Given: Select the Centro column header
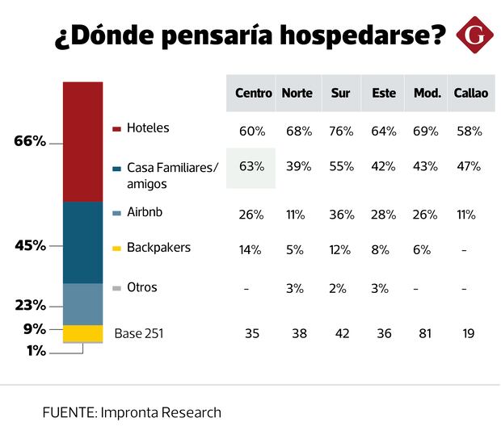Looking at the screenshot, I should tap(253, 93).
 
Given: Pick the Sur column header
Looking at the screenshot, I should tap(340, 93).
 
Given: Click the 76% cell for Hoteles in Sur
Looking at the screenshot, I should tap(340, 131).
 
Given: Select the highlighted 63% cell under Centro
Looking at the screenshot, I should tap(252, 167).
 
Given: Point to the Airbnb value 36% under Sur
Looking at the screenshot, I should tap(340, 215).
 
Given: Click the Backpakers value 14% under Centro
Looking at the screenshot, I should tap(252, 250).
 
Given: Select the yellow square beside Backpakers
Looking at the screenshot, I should tap(117, 249).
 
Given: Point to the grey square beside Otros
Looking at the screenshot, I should tap(117, 289).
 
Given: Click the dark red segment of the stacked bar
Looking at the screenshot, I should tap(83, 141).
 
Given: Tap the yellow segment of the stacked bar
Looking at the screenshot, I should tap(83, 333).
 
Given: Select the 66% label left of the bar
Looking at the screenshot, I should tap(30, 141).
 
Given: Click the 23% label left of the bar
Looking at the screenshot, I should tap(30, 306).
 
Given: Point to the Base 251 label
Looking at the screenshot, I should tap(139, 332).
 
